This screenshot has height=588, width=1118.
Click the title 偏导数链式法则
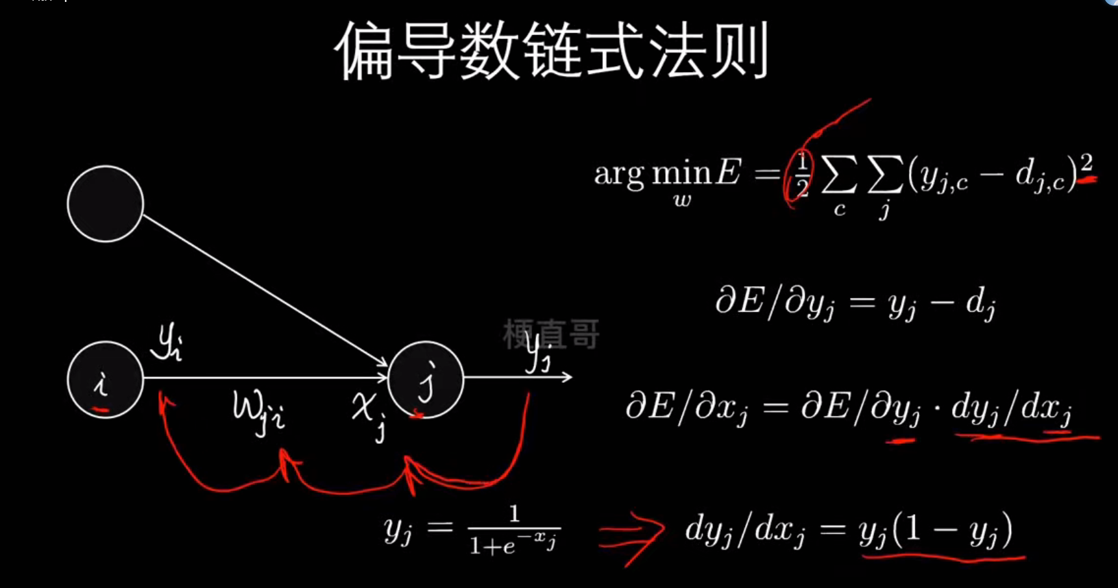[x=552, y=51]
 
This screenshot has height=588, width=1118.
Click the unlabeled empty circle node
[x=105, y=204]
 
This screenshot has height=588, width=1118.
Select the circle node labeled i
[x=105, y=380]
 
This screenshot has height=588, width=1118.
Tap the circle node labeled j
[x=426, y=380]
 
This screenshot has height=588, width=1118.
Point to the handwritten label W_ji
[x=258, y=412]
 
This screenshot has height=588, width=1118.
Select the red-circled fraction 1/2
[x=802, y=175]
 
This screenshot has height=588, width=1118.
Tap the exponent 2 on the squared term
[x=1086, y=163]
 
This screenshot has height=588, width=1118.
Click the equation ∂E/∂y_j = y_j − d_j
[x=855, y=303]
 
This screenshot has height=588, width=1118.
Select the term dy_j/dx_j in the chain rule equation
[x=1011, y=409]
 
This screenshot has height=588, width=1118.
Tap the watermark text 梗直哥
[x=552, y=334]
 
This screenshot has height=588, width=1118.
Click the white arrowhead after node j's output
[x=567, y=377]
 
